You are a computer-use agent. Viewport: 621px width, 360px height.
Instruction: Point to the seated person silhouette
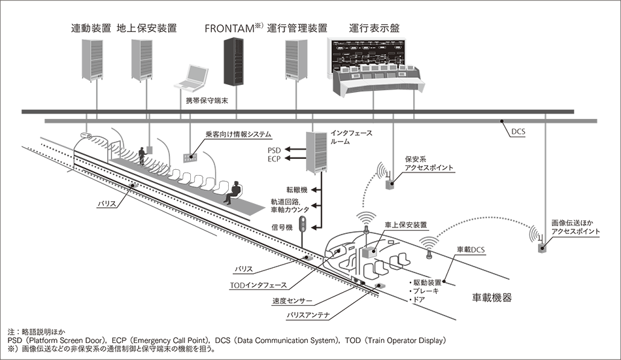tap(227, 191)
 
